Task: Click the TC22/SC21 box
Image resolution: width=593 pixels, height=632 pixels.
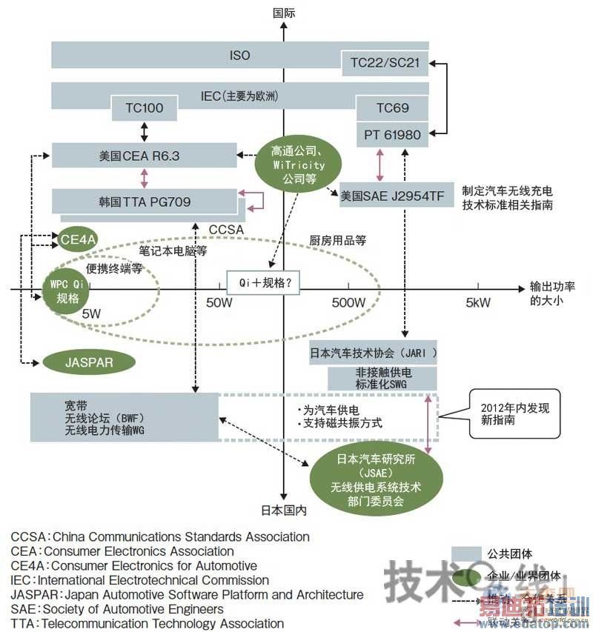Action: pyautogui.click(x=384, y=63)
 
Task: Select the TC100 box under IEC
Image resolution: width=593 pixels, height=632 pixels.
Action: pyautogui.click(x=144, y=109)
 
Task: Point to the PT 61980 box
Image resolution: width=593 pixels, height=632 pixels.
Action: pyautogui.click(x=392, y=135)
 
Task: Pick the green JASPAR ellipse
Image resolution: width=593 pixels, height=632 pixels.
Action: pyautogui.click(x=89, y=362)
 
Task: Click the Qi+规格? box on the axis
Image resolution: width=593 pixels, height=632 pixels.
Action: pyautogui.click(x=258, y=282)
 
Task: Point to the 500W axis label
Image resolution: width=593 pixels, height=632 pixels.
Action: pyautogui.click(x=348, y=302)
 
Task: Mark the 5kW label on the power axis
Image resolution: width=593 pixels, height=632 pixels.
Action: pyautogui.click(x=477, y=302)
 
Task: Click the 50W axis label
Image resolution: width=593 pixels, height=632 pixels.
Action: pyautogui.click(x=219, y=302)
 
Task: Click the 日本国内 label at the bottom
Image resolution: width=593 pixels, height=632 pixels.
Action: pyautogui.click(x=283, y=510)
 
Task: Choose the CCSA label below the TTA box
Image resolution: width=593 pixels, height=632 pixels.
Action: pyautogui.click(x=226, y=230)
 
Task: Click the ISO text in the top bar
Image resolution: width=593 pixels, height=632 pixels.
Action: pyautogui.click(x=240, y=56)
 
